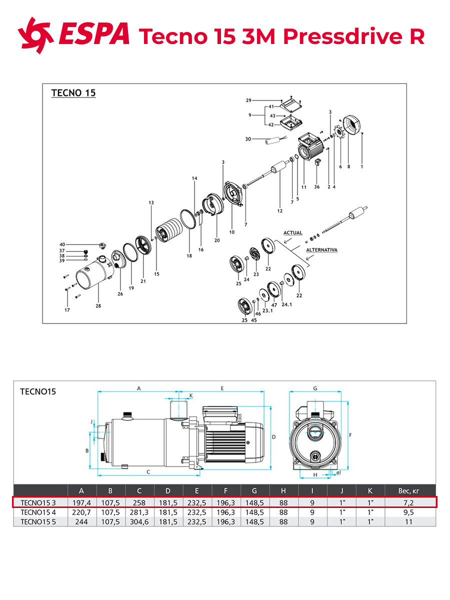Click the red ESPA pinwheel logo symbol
coord(35,35)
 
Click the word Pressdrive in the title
coord(343,36)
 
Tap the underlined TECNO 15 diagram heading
coord(73,93)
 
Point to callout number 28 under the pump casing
coord(98,306)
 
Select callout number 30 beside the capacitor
coord(248,139)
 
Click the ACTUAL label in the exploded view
coord(293,232)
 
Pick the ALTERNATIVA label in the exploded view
coord(321,250)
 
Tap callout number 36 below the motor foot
coord(316,186)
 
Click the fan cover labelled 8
coord(351,125)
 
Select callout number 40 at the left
coord(62,244)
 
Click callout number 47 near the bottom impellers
coord(274,305)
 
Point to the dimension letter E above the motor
coord(222,388)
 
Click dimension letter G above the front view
coord(315,388)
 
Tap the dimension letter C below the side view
coord(148,472)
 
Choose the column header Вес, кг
coord(408,491)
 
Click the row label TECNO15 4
coord(38,512)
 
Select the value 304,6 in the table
coord(139,522)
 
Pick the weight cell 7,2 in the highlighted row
coord(408,502)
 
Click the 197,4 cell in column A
coord(81,502)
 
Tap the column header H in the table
coord(283,491)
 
